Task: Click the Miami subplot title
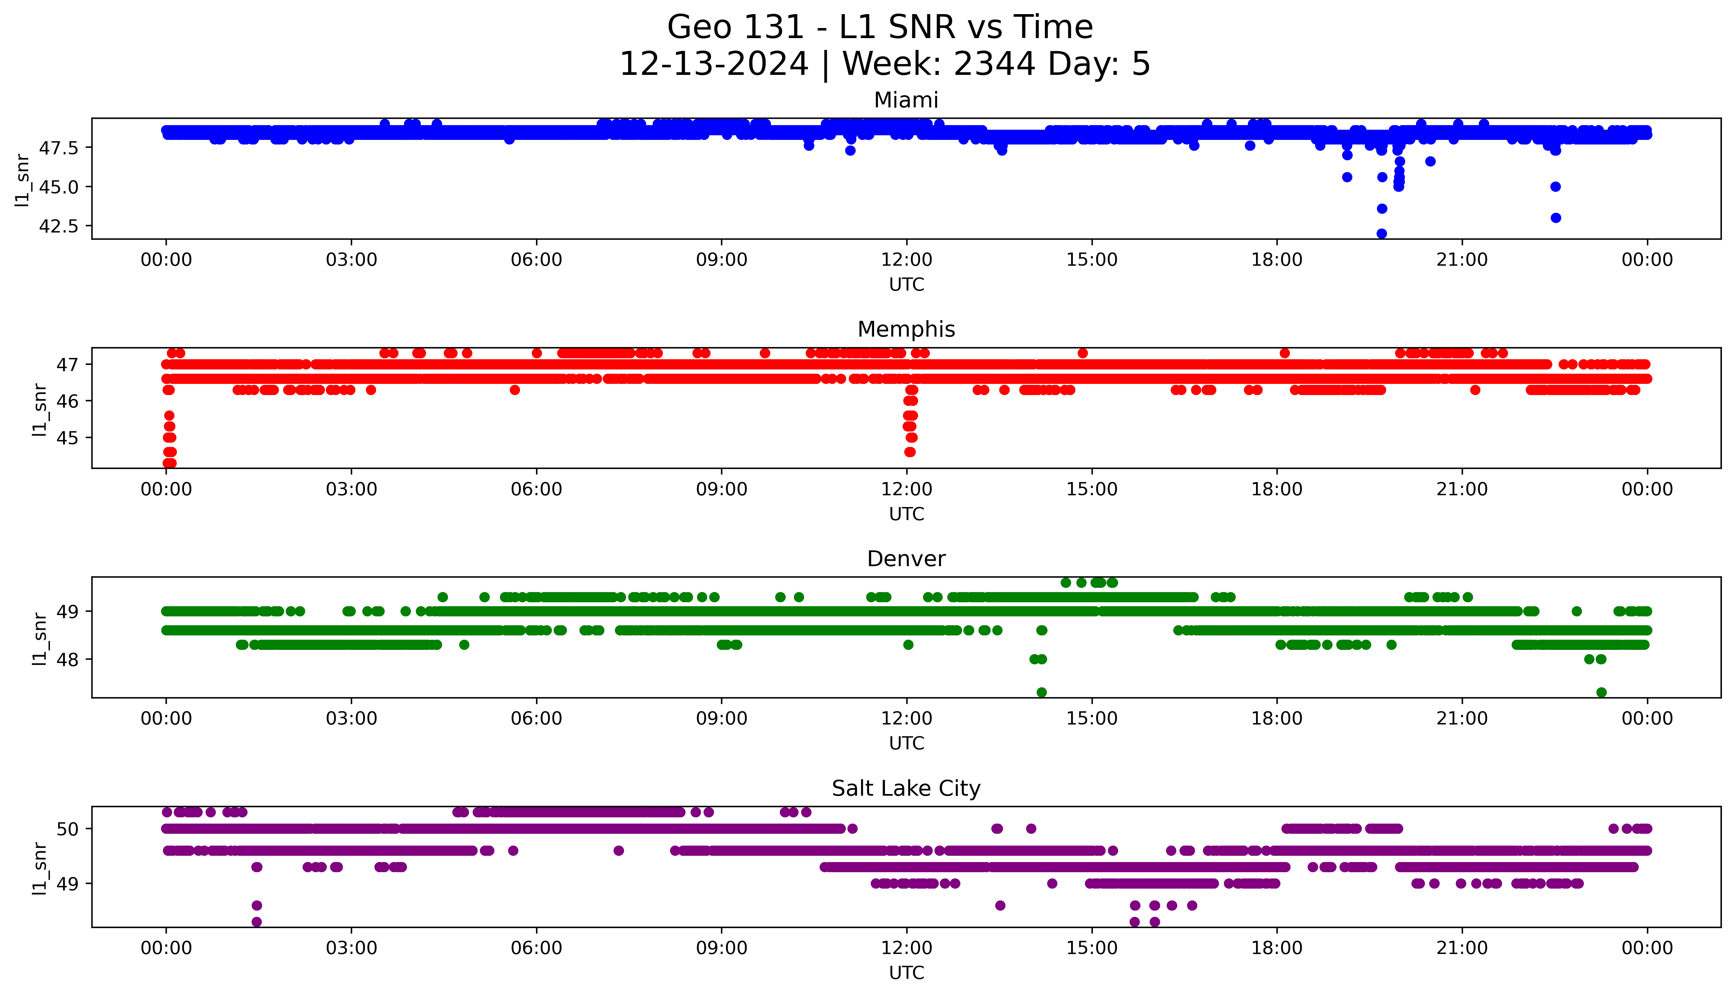point(906,100)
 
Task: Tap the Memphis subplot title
point(906,330)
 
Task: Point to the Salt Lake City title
point(906,789)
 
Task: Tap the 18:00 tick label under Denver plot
point(1276,719)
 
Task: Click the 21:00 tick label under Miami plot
point(1462,260)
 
